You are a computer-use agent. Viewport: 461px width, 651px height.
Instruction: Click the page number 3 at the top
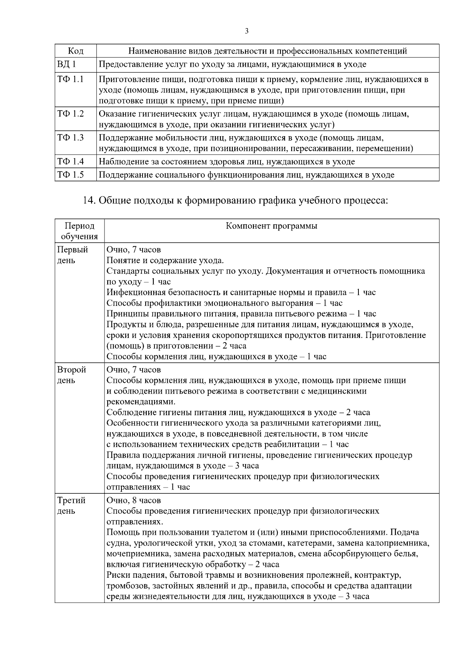coord(247,31)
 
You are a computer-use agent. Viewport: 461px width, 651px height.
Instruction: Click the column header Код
coord(76,51)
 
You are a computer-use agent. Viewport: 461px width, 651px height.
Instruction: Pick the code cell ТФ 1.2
coord(70,114)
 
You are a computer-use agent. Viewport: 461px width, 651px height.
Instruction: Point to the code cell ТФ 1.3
coord(70,138)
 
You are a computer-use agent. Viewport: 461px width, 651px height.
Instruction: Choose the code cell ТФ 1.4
coord(70,162)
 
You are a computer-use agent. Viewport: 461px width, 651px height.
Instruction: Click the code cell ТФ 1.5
coord(70,175)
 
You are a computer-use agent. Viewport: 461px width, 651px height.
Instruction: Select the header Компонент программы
coord(272,226)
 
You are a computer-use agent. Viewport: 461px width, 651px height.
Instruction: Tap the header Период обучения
coord(80,231)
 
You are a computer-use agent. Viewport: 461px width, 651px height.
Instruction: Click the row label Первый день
coord(73,255)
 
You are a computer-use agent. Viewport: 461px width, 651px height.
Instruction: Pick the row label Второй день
coord(72,375)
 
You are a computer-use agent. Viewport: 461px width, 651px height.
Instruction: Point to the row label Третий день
coord(71,506)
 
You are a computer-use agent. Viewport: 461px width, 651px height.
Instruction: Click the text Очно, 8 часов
coord(134,500)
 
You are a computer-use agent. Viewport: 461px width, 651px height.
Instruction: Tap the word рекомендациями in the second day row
coord(141,402)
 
